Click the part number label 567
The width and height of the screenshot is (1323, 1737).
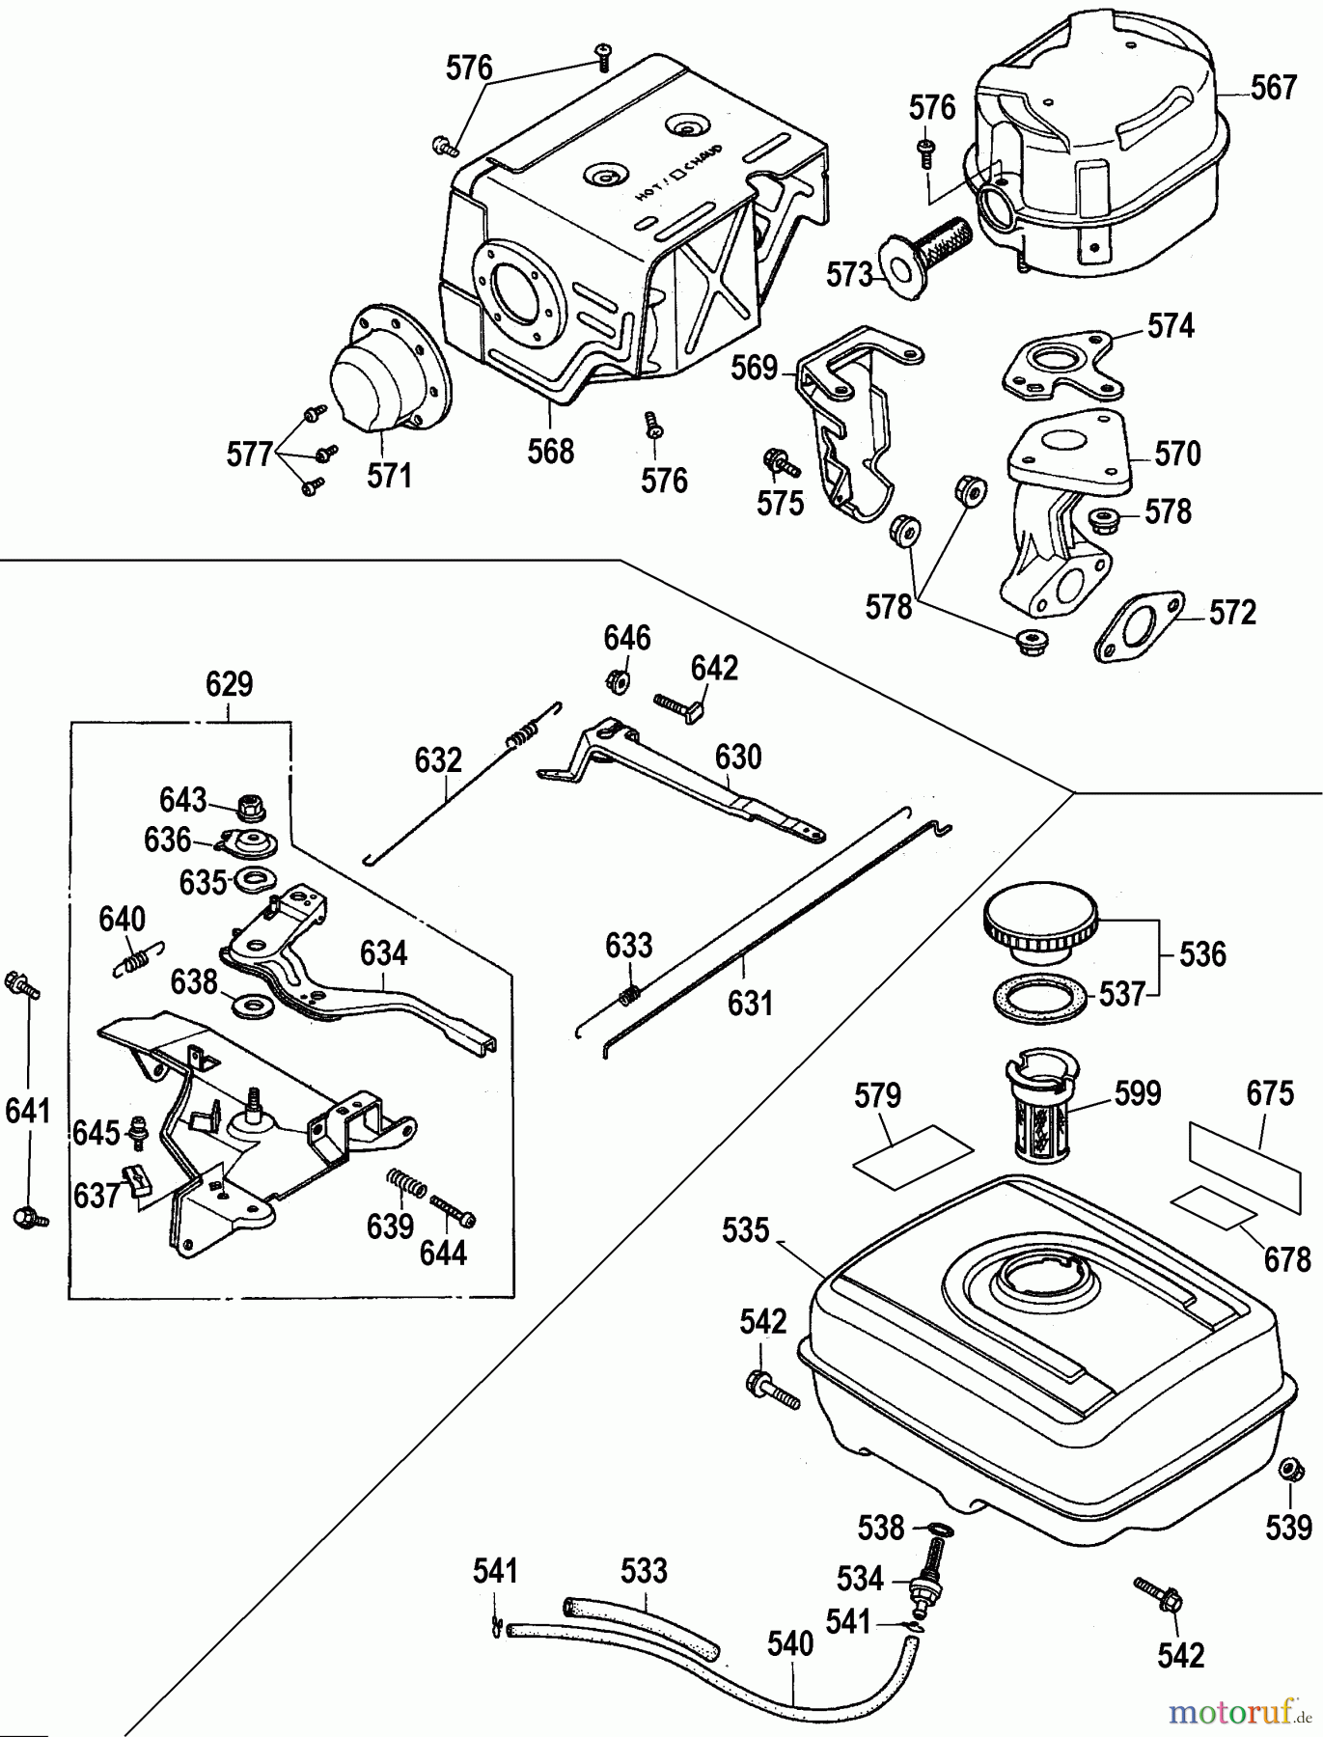tap(1273, 88)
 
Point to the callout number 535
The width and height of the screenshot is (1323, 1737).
tap(746, 1230)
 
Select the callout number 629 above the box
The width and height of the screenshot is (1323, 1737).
tap(230, 684)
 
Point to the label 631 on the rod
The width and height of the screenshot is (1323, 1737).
tap(750, 1004)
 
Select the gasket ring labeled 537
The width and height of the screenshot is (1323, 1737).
tap(1037, 994)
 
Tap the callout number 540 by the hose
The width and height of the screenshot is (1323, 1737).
tap(790, 1643)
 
